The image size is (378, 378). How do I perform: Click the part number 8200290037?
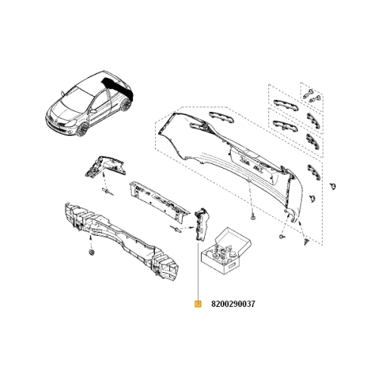point(233,304)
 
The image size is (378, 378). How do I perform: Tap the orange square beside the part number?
point(198,304)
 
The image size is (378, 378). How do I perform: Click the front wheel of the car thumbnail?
point(82,129)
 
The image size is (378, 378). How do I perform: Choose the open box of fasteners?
point(226,251)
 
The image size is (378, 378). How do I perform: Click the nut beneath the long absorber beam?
point(91,253)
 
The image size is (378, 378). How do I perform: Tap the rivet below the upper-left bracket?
point(108,191)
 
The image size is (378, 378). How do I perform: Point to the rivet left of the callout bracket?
point(176,228)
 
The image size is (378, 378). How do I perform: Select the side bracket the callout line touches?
point(201,225)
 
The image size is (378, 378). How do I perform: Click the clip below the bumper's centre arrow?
point(253,215)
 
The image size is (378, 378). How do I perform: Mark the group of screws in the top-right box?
point(311,96)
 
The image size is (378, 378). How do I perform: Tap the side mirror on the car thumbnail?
point(62,94)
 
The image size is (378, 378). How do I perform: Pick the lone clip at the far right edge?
point(333,187)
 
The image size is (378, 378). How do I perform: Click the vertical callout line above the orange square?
point(199,271)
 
